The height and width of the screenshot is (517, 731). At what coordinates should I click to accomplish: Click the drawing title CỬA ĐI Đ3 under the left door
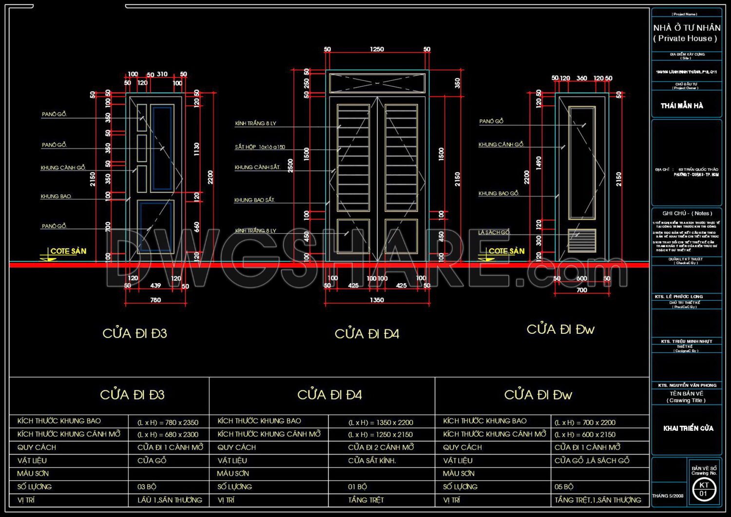click(135, 333)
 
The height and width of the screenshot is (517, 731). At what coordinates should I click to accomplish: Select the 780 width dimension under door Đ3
click(155, 300)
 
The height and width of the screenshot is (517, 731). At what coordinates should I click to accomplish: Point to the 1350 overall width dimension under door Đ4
click(377, 300)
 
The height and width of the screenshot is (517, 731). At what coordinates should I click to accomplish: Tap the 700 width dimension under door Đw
click(582, 290)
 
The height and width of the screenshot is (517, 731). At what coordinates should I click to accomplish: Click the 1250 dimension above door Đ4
click(377, 49)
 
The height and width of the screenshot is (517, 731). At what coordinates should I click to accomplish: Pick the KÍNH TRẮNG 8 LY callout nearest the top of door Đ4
click(255, 124)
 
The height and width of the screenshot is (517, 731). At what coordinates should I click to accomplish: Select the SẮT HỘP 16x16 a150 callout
click(260, 147)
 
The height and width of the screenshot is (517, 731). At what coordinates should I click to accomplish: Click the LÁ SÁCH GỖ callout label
click(494, 233)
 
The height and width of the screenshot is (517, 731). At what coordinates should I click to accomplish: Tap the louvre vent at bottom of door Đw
click(582, 240)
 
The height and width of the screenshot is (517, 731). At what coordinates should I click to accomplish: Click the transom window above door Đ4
click(377, 83)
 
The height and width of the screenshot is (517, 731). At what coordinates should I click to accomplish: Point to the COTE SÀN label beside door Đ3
click(68, 251)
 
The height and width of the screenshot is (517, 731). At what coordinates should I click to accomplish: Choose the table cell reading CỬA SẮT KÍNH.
click(372, 460)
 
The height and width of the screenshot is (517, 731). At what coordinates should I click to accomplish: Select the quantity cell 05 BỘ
click(564, 487)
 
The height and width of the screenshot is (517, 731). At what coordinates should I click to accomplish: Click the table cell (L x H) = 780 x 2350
click(168, 422)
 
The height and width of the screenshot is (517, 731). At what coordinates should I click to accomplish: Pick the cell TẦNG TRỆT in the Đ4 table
click(366, 500)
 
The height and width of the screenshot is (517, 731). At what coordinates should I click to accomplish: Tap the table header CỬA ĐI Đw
click(538, 395)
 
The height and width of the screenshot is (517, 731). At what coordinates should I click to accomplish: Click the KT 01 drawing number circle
click(704, 489)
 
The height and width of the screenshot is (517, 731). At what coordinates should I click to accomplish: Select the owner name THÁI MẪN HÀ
click(682, 106)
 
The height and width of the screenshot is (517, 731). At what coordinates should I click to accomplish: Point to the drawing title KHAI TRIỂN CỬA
click(688, 428)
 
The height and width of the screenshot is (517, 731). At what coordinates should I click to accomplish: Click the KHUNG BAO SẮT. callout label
click(254, 200)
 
